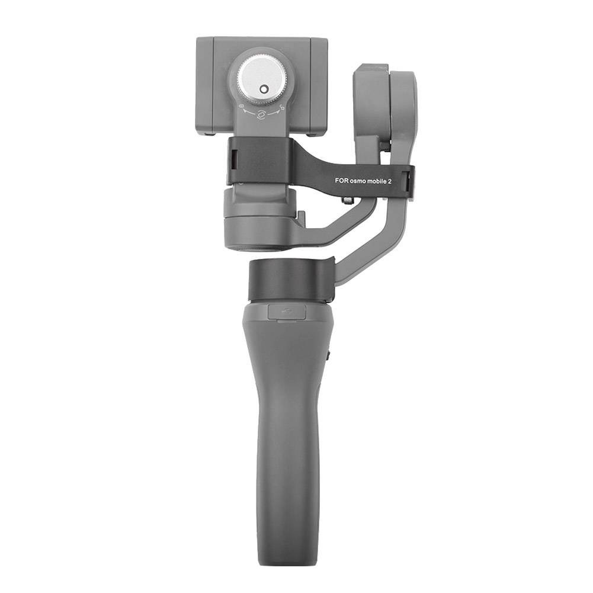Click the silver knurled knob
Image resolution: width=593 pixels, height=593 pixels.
(262, 82)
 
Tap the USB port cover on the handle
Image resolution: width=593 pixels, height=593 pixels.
(287, 312)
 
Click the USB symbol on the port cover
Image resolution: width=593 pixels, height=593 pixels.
(287, 312)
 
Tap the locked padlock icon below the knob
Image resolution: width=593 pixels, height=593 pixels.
(242, 107)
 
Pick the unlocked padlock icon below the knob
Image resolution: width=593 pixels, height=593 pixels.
(283, 107)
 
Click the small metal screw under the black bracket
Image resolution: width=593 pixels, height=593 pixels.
(347, 201)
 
